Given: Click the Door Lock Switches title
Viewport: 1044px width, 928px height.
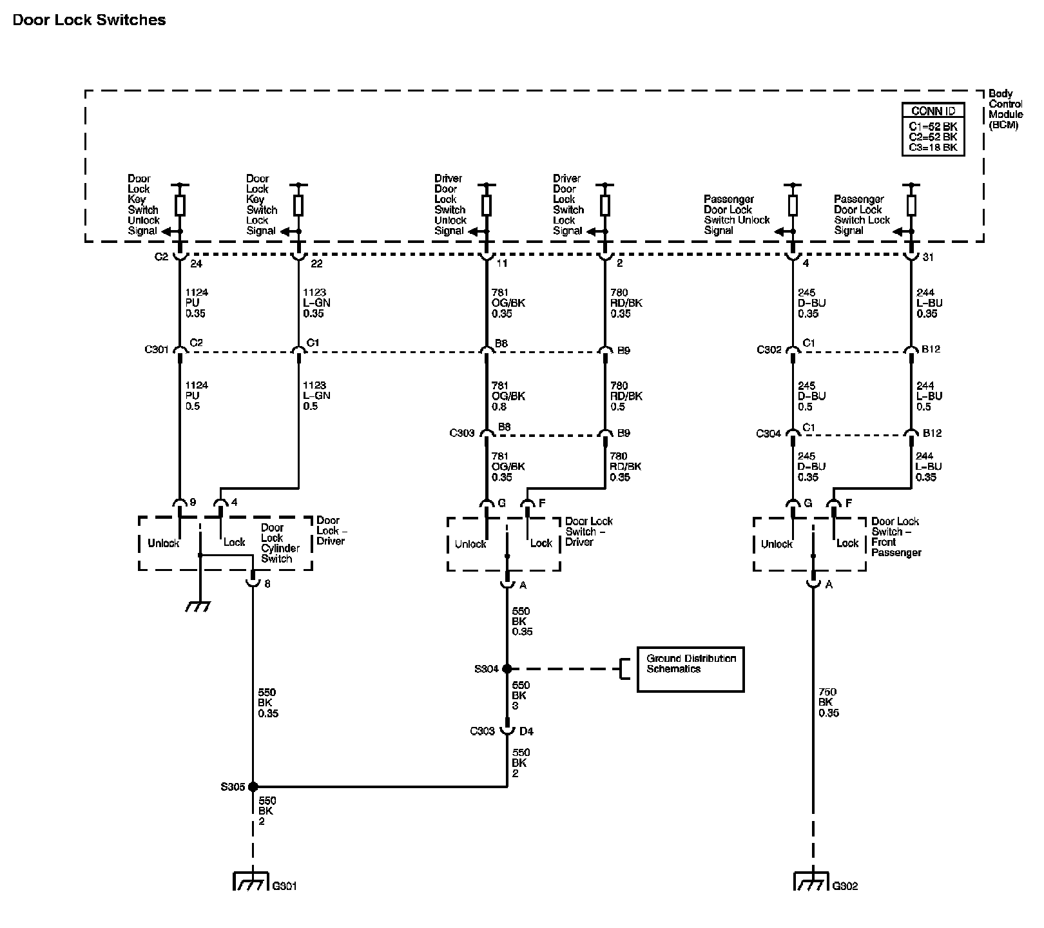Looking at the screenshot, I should [89, 20].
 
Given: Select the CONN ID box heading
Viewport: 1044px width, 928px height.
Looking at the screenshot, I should [933, 111].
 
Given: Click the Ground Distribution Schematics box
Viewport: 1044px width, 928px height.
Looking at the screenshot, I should [690, 670].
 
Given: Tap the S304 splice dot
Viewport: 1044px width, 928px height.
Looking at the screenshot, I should [507, 669].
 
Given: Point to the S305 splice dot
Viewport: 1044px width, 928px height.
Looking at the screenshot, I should [253, 787].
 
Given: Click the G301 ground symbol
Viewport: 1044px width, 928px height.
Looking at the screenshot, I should [249, 882].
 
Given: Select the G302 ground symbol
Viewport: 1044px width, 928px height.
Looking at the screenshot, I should [811, 882].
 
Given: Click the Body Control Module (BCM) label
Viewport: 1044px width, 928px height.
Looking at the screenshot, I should [1005, 110].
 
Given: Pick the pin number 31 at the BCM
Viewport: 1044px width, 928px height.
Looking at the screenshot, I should [927, 257].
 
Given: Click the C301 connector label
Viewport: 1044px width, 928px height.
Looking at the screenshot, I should [157, 350].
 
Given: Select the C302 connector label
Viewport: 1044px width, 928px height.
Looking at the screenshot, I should [769, 350].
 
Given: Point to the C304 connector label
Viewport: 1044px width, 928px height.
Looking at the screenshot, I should [768, 434].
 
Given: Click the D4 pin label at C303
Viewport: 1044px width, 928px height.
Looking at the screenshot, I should [527, 731].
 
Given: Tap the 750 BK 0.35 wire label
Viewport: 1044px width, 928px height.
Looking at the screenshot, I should [829, 703].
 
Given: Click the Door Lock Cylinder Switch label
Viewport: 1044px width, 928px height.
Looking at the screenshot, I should [280, 543].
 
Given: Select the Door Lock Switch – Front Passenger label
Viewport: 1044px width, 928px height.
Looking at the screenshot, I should [896, 537].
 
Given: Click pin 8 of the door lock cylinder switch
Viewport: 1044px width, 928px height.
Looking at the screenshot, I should [267, 584].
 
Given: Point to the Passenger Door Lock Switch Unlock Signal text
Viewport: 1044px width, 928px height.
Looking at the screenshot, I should [736, 215].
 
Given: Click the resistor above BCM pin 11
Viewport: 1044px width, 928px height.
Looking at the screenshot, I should [487, 205].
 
